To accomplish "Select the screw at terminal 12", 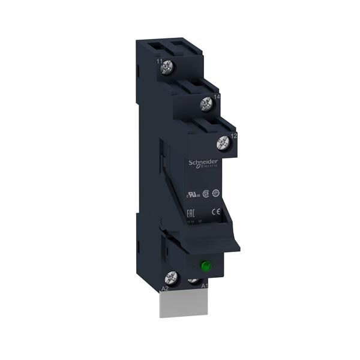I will click(x=223, y=143).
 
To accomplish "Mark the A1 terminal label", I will click(x=205, y=286).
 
